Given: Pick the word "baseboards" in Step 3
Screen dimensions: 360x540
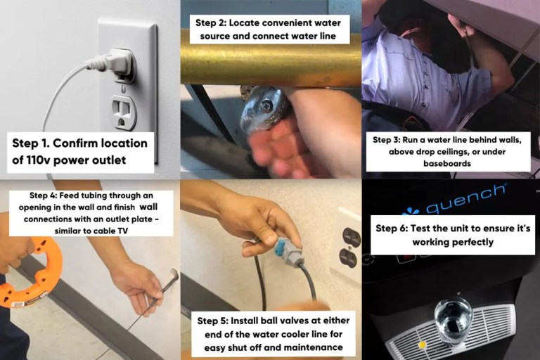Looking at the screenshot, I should tap(450, 164).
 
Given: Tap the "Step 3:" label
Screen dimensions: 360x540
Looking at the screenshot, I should tap(392, 140).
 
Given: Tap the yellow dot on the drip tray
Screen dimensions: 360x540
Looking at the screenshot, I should tap(421, 345).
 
